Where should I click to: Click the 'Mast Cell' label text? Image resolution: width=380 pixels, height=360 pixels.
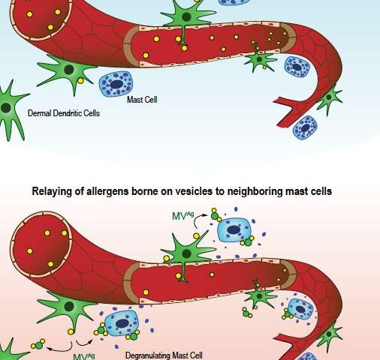coord(142,100)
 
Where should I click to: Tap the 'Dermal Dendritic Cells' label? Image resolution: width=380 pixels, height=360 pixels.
coord(64,113)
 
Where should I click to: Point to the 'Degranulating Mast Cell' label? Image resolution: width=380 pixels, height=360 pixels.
coord(164,355)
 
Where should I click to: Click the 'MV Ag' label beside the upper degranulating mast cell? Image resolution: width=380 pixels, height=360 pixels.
coord(183,216)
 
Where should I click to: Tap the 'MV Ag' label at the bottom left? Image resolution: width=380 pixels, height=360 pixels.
coord(84,356)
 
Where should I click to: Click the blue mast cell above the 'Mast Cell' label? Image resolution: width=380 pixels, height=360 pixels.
coord(116,84)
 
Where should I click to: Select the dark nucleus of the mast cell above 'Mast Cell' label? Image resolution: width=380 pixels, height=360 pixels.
coord(116,84)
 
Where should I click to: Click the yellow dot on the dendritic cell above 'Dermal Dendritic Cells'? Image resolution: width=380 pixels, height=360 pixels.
coord(80,81)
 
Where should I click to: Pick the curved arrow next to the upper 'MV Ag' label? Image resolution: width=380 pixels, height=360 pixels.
coord(201,220)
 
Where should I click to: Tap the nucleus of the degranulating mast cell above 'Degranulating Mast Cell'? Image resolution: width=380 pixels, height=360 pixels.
coord(122,323)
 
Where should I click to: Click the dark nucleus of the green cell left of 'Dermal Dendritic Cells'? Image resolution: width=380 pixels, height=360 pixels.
coord(6,108)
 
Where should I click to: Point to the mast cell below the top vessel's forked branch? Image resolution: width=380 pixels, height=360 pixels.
coord(305,127)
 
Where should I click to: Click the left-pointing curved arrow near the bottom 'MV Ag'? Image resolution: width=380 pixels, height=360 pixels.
coord(59,346)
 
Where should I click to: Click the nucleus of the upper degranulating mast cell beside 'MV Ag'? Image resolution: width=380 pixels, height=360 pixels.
coord(233,229)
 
